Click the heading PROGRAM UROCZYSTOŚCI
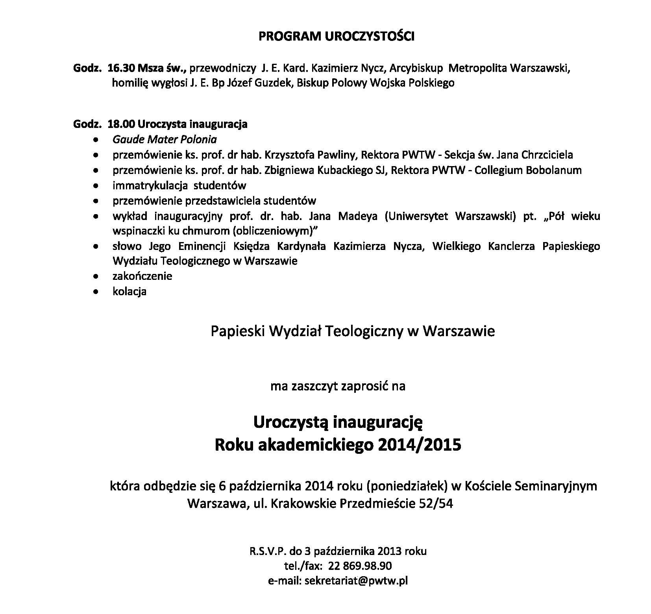(x=337, y=37)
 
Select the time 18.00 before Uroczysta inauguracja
(x=121, y=124)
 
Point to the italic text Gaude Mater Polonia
(x=165, y=140)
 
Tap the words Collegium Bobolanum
(x=528, y=170)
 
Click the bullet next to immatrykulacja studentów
(x=95, y=185)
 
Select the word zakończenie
(x=142, y=276)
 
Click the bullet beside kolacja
(x=95, y=292)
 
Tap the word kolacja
(x=129, y=292)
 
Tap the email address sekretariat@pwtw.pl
(x=356, y=581)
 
